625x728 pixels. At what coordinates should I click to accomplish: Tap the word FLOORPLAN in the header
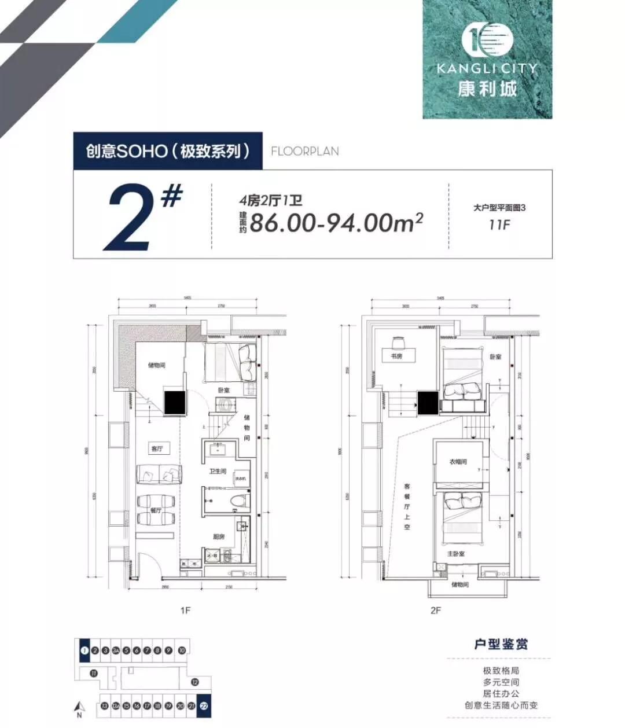click(305, 151)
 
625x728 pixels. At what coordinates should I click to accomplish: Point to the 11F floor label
click(499, 225)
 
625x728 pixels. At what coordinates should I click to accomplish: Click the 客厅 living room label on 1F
click(157, 448)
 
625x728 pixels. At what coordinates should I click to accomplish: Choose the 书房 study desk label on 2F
click(396, 356)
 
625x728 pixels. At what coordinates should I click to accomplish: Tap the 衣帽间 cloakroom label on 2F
click(458, 462)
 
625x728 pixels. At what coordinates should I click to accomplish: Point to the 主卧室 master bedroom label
click(456, 554)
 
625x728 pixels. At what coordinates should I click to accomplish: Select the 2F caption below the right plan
click(435, 610)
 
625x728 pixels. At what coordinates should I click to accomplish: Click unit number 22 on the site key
click(204, 706)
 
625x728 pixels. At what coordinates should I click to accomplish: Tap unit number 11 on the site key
click(93, 672)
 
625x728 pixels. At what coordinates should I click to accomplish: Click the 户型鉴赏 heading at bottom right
click(501, 644)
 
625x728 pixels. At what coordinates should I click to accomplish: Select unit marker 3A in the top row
click(116, 650)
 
